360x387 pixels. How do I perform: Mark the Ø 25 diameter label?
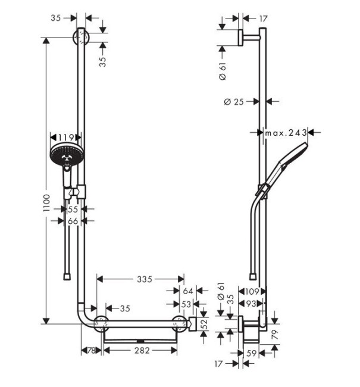click(235, 102)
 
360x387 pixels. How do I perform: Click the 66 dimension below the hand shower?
click(73, 221)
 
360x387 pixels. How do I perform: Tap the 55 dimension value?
click(73, 210)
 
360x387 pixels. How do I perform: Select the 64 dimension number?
click(188, 291)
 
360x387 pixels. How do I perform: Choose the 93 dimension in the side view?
click(253, 304)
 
